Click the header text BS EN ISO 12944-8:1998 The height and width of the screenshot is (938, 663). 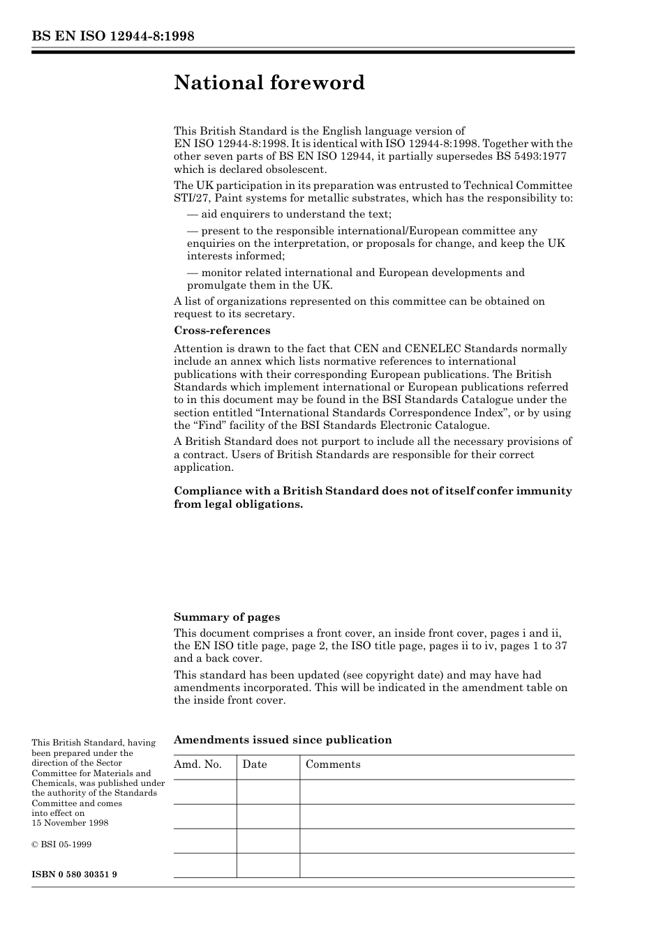click(112, 36)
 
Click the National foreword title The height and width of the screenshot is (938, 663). click(269, 83)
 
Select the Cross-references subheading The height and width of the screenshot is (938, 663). click(222, 331)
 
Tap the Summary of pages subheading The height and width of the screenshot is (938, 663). click(227, 616)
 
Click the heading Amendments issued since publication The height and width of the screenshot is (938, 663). click(283, 740)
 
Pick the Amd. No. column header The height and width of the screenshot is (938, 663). click(198, 764)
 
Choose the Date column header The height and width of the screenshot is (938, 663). click(255, 764)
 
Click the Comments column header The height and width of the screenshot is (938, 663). click(333, 764)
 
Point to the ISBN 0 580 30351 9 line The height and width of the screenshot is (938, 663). click(74, 874)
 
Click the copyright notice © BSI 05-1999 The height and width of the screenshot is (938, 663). click(61, 844)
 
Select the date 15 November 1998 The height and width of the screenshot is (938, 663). click(70, 823)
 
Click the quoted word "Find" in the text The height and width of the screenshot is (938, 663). click(207, 425)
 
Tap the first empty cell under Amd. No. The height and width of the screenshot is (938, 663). click(204, 792)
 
